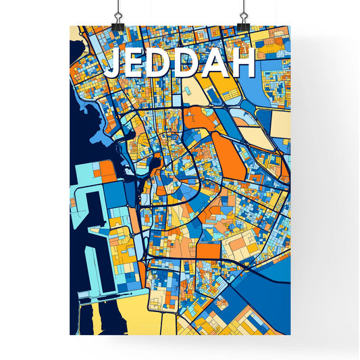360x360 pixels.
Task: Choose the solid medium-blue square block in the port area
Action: [x=115, y=196]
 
